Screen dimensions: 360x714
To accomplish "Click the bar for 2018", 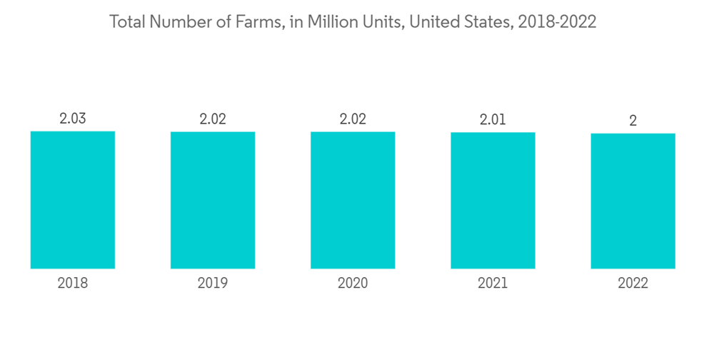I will (73, 200).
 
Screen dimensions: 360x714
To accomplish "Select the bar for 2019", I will (213, 200).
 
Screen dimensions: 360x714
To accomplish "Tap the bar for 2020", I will (353, 200).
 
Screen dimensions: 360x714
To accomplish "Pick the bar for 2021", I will (493, 201).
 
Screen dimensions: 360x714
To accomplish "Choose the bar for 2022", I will (633, 201).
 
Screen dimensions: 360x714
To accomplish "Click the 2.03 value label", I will (73, 119).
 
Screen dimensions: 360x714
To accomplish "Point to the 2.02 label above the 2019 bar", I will (213, 119).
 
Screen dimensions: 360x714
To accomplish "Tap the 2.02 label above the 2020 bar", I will (353, 119).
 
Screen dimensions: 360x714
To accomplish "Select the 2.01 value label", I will (493, 120).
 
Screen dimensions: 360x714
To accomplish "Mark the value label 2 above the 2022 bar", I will (633, 121).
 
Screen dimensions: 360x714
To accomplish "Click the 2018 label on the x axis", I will (73, 284).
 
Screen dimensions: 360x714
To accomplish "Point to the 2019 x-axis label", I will (213, 284).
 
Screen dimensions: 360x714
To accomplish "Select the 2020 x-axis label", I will (353, 284).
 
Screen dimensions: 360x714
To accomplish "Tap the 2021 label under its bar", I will (493, 284).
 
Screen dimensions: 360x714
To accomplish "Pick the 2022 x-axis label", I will (633, 284).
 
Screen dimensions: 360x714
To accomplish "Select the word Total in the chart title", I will (126, 22).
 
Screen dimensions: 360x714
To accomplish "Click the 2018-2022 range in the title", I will (558, 22).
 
